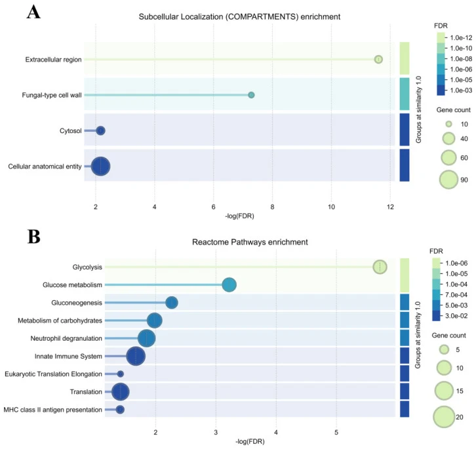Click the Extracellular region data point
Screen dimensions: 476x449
point(378,59)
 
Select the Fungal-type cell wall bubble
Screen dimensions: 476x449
point(251,95)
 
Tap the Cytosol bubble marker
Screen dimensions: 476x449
point(101,131)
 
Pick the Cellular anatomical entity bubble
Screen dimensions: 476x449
point(100,166)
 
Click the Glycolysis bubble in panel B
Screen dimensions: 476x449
point(380,267)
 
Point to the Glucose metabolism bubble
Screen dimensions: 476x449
point(229,285)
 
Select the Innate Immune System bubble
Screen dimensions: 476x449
point(136,357)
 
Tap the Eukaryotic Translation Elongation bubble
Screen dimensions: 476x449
point(120,374)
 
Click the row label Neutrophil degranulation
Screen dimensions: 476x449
point(66,338)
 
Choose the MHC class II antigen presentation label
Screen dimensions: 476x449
point(53,410)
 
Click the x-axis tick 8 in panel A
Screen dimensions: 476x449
point(272,206)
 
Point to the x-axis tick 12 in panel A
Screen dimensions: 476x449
point(390,206)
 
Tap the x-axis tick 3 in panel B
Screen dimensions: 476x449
point(216,432)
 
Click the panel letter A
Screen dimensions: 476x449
point(33,12)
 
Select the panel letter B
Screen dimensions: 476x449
point(34,237)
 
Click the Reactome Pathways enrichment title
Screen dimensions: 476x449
point(250,242)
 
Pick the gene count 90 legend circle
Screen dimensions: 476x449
point(448,180)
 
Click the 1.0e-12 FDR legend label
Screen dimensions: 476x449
point(461,37)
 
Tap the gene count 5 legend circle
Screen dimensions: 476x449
point(444,350)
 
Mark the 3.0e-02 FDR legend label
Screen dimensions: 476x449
point(456,316)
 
